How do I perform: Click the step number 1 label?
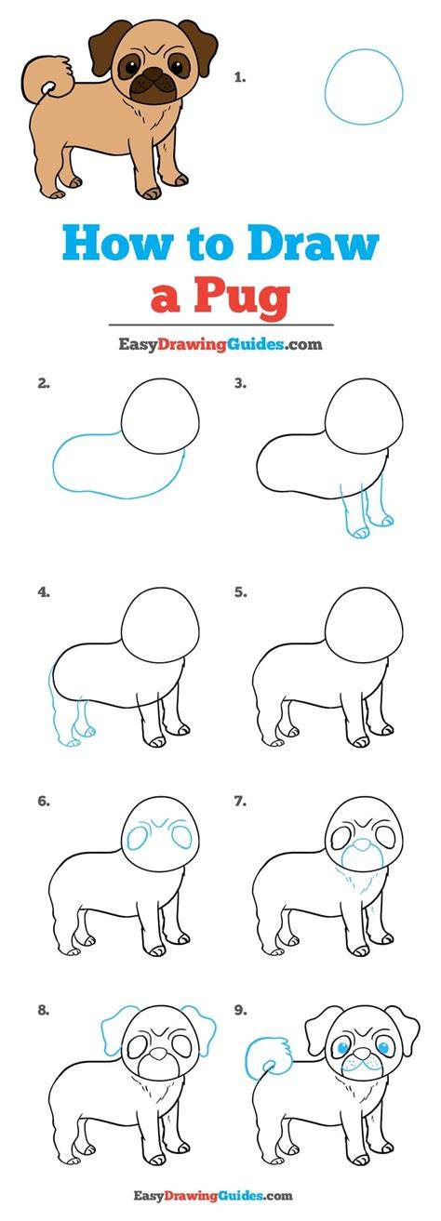[240, 78]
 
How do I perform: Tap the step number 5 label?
[241, 592]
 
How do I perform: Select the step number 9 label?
[241, 1010]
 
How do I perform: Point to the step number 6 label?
[44, 802]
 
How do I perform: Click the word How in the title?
[116, 245]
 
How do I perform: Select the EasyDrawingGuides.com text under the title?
[220, 344]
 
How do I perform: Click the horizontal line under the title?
[220, 325]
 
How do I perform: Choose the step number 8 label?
[44, 1010]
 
